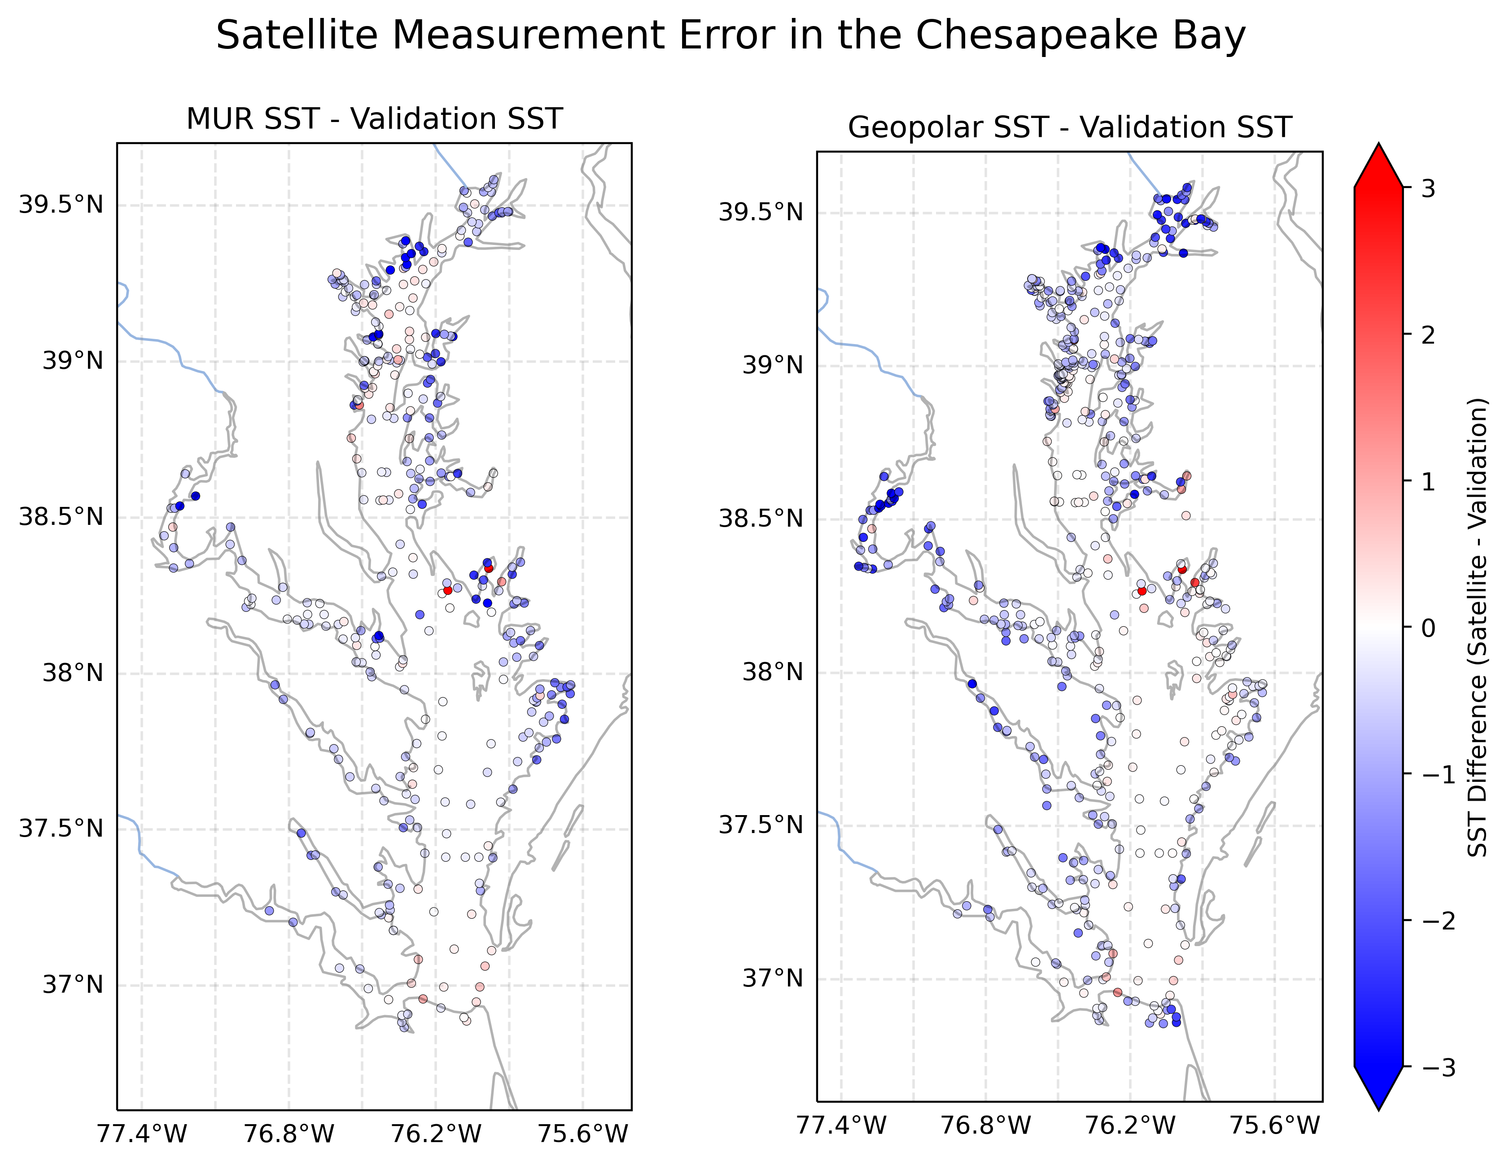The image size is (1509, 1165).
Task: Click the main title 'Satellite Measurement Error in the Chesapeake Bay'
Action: (730, 36)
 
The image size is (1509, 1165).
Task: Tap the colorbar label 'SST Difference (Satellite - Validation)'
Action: (1477, 627)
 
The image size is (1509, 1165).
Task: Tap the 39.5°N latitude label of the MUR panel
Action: (61, 205)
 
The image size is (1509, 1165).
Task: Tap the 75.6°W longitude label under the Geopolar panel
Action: (1275, 1126)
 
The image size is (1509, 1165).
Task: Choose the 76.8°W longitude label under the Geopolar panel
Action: (986, 1126)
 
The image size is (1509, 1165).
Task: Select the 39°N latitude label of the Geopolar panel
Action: (773, 365)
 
